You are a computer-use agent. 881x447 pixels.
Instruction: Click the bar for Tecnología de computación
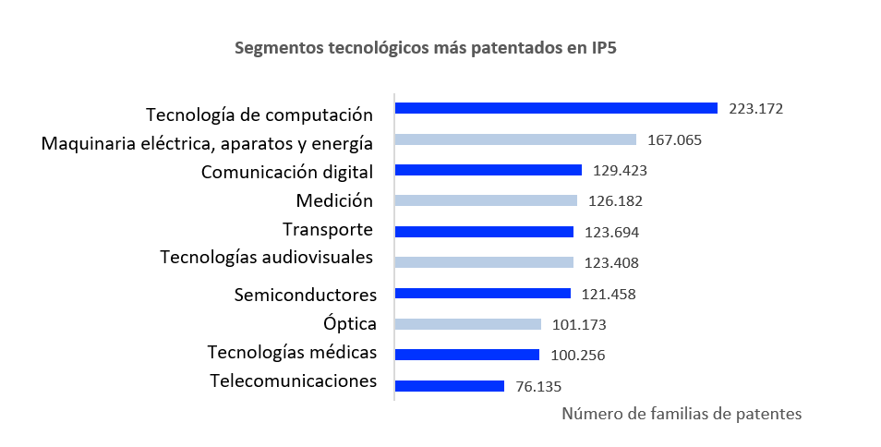[x=556, y=108]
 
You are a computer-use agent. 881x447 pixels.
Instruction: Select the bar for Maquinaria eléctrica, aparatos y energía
[x=515, y=139]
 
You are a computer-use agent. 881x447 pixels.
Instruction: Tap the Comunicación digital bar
[x=488, y=170]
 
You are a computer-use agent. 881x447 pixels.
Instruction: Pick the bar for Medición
[x=486, y=200]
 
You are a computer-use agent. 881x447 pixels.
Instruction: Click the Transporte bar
[x=484, y=232]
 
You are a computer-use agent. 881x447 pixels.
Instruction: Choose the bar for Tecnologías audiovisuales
[x=484, y=262]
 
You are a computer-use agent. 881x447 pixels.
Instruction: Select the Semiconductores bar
[x=482, y=294]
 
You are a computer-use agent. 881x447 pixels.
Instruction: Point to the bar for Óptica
[x=467, y=324]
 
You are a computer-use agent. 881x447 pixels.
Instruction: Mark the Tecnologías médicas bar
[x=466, y=355]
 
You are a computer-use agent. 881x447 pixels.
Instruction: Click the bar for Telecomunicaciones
[x=449, y=385]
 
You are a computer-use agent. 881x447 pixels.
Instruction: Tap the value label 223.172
[x=755, y=109]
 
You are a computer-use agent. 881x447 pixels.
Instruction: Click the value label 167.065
[x=675, y=140]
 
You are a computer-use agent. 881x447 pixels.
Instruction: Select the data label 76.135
[x=539, y=387]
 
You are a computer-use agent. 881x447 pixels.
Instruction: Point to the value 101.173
[x=579, y=325]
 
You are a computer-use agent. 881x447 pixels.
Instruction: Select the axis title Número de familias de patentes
[x=682, y=414]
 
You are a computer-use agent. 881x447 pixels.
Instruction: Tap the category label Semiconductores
[x=306, y=296]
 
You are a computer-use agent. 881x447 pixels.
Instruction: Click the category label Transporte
[x=328, y=229]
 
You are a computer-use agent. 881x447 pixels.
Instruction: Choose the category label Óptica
[x=350, y=324]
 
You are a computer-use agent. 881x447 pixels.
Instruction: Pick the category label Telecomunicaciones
[x=293, y=381]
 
